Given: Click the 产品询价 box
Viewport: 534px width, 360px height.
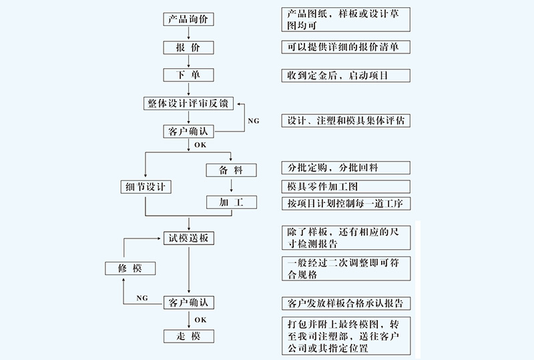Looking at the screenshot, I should (x=190, y=19).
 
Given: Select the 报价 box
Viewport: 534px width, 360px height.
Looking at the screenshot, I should (x=190, y=48).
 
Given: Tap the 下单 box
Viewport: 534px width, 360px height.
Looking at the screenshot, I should (x=190, y=75).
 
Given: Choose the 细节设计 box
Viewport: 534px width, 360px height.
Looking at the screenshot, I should (x=145, y=186).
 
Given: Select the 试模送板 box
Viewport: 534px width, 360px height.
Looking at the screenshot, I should (x=190, y=238).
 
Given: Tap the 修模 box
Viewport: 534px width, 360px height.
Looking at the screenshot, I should (x=131, y=268).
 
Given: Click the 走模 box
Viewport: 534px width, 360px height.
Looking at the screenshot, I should (x=190, y=337).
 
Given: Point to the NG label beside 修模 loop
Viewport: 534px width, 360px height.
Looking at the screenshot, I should (x=142, y=297).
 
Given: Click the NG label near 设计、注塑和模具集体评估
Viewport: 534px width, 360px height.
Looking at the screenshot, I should (x=254, y=121).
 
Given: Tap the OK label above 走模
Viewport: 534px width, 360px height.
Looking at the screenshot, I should (x=200, y=320).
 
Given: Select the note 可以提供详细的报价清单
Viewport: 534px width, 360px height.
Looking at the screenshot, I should (x=344, y=48).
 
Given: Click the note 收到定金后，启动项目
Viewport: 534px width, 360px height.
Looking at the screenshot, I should (x=344, y=75).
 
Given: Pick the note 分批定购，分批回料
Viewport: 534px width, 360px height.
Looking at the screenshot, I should (x=344, y=168).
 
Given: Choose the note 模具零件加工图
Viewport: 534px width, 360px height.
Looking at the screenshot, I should (x=344, y=186).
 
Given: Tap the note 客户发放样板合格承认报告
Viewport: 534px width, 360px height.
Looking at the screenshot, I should (x=344, y=303).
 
